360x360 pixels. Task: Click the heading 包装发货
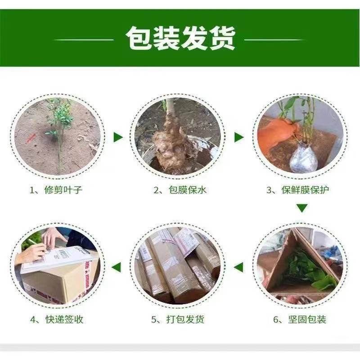[x=181, y=38]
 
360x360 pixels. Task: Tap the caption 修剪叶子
[x=63, y=190]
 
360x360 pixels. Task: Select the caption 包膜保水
[x=188, y=190]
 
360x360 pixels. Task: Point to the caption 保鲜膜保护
[x=305, y=190]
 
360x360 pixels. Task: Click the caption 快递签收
[x=64, y=319]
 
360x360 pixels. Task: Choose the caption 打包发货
[x=185, y=319]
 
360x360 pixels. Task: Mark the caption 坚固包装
[x=307, y=319]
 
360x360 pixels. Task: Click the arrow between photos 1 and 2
[x=118, y=138]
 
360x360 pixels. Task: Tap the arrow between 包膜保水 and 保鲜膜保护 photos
[x=239, y=138]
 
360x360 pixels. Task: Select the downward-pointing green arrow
[x=302, y=208]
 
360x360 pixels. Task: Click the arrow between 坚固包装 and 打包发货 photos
[x=238, y=267]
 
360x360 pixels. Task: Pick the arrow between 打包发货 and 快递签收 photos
[x=116, y=267]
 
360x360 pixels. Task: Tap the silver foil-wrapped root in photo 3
[x=303, y=158]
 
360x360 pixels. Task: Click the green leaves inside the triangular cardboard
[x=308, y=269]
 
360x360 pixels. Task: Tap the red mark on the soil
[x=31, y=138]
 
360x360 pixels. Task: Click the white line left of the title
[x=84, y=40]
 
